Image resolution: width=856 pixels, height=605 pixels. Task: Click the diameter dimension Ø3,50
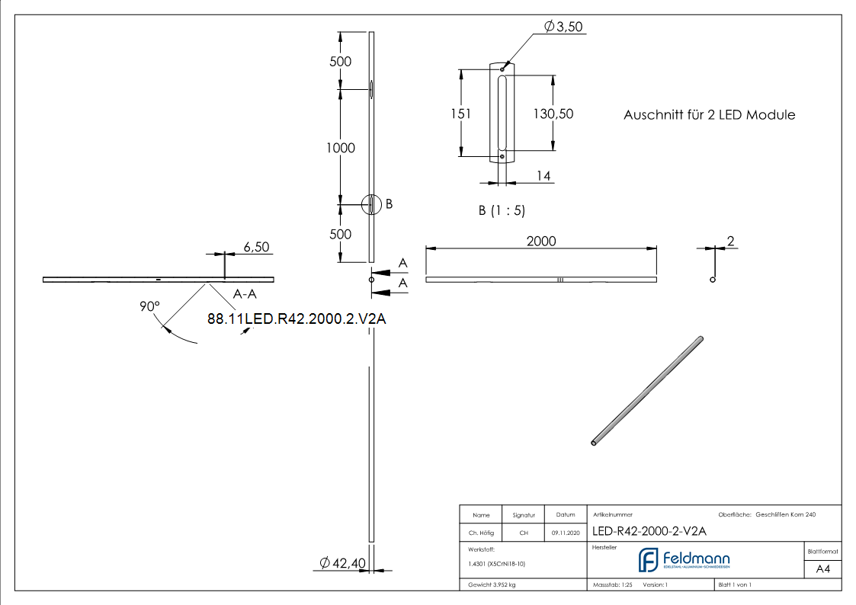tap(563, 27)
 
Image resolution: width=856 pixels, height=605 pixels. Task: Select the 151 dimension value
tap(461, 114)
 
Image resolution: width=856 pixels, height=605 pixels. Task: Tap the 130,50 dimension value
tap(553, 114)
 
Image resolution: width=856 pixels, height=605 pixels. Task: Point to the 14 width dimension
tap(543, 176)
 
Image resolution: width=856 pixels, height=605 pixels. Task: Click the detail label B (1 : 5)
tap(502, 210)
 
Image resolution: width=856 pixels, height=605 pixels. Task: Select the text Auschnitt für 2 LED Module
tap(709, 115)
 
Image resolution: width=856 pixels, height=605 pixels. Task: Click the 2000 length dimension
tap(541, 241)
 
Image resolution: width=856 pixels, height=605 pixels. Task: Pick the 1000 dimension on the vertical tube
tap(340, 148)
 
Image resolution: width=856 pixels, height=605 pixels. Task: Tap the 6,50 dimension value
tap(255, 247)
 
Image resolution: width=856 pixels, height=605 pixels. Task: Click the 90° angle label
tap(150, 306)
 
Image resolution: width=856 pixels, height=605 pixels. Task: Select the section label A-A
tap(245, 293)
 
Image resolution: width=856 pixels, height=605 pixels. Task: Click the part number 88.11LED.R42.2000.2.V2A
tap(297, 319)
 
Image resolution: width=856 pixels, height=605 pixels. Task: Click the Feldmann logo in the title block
tap(683, 560)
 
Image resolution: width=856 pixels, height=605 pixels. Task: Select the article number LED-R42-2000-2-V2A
tap(649, 531)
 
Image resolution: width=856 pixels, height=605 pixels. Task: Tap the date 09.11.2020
tap(565, 533)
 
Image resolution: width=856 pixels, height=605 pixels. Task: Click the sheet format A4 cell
tap(822, 568)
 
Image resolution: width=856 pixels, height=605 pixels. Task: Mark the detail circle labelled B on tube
tap(370, 204)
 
